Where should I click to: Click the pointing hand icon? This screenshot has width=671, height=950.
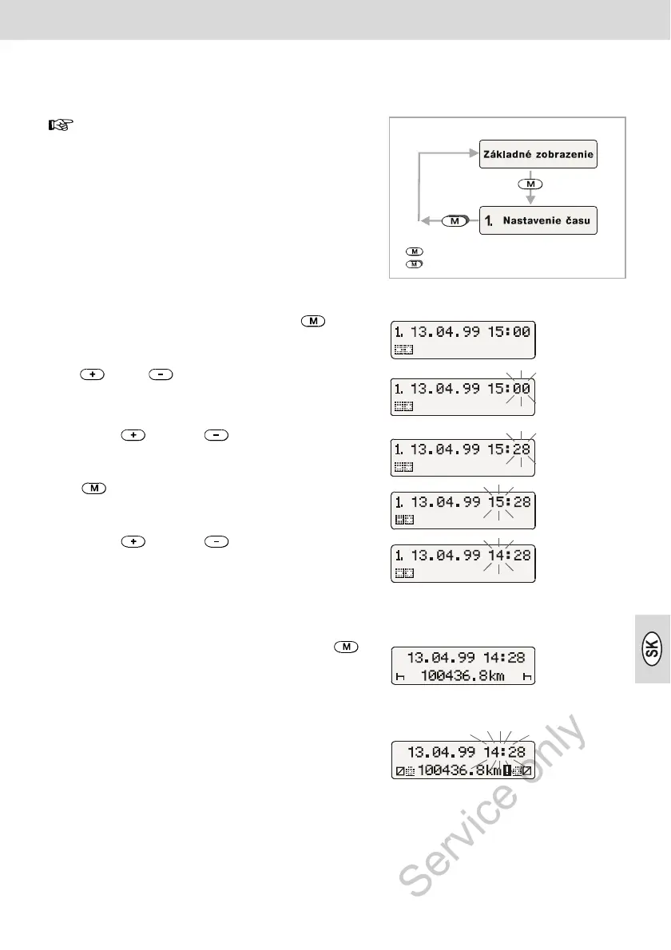pyautogui.click(x=61, y=125)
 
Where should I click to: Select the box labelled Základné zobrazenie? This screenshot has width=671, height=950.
pyautogui.click(x=538, y=155)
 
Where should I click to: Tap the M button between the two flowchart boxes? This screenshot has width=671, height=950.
pyautogui.click(x=528, y=184)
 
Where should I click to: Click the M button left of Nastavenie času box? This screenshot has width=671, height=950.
pyautogui.click(x=454, y=220)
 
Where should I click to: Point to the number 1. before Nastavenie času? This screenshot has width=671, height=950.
pyautogui.click(x=487, y=220)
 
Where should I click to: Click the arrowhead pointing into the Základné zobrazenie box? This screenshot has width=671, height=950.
pyautogui.click(x=474, y=155)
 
